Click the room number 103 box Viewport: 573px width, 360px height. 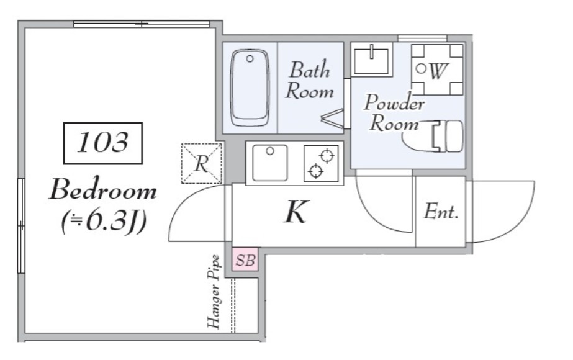coord(102,143)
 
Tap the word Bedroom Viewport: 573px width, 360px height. coord(103,190)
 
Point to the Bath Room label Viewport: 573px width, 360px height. coord(310,81)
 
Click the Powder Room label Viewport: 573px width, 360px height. coord(394,112)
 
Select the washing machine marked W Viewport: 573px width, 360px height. coord(437,70)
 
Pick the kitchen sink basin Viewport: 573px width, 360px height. coord(269,163)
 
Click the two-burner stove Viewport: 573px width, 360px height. coord(321,163)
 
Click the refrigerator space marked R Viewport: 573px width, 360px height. coord(202,163)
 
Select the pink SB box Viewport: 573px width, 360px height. coord(245,259)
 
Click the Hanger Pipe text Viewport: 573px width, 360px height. coord(214,291)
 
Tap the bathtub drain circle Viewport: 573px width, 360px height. coord(250,58)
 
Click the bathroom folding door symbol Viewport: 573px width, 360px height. coord(333,119)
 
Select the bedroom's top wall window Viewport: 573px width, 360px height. coord(142,24)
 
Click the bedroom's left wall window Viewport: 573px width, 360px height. coord(21,225)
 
